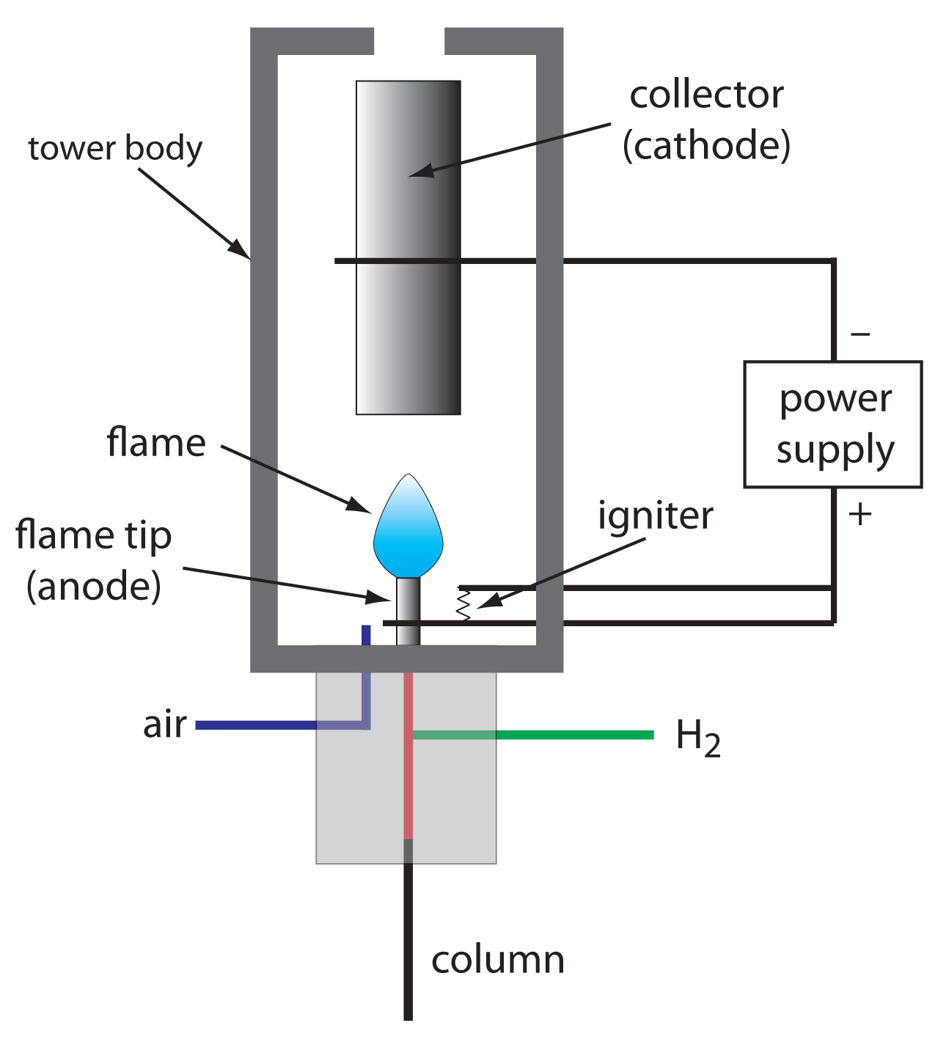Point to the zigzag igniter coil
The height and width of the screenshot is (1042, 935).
[x=463, y=605]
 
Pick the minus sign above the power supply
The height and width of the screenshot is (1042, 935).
[x=860, y=334]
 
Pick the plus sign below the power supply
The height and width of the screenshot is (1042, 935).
[x=860, y=514]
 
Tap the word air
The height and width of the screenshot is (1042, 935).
[x=165, y=724]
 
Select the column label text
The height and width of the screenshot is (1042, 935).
[x=497, y=960]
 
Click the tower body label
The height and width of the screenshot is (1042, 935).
[x=115, y=148]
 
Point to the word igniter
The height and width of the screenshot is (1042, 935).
[x=655, y=516]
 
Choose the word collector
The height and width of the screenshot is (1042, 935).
[x=706, y=95]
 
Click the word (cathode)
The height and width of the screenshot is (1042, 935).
[x=706, y=145]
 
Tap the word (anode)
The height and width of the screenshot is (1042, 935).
[x=94, y=586]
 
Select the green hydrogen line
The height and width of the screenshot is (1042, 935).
[x=572, y=735]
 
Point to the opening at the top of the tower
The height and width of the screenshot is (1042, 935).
[x=409, y=41]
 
